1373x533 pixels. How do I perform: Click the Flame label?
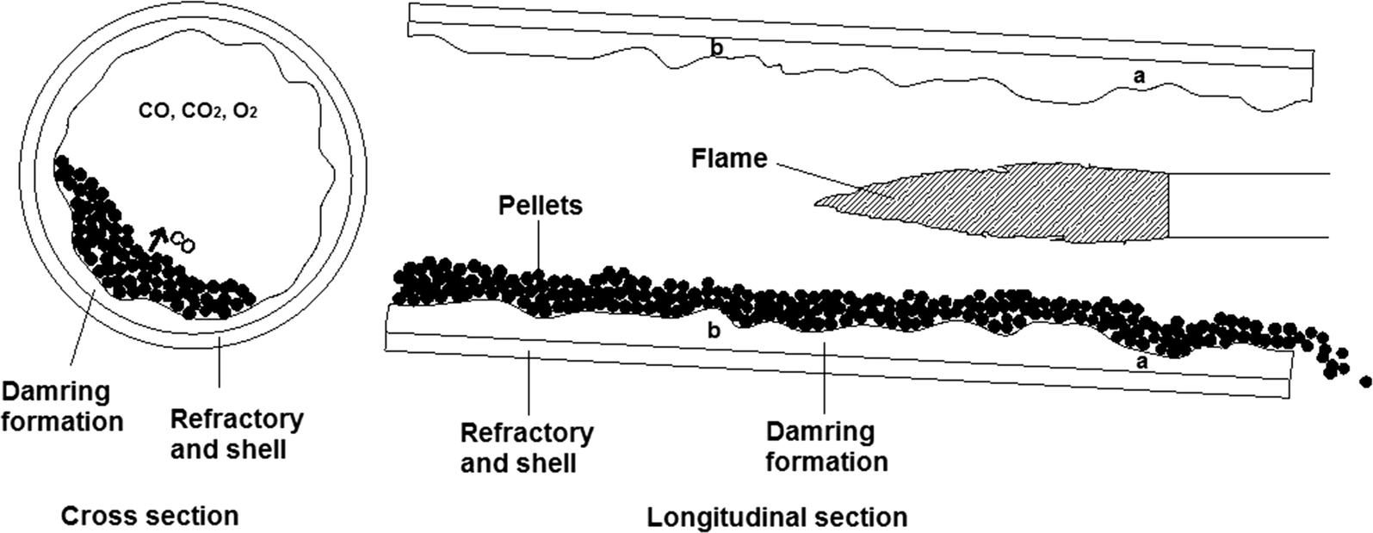[x=728, y=158]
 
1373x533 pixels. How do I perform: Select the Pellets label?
[x=540, y=206]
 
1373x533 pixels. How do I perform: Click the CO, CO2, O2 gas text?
[x=197, y=111]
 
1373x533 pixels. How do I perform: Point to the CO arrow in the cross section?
[x=156, y=239]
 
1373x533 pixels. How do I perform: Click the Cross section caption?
[x=149, y=516]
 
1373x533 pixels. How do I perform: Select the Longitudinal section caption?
[x=776, y=518]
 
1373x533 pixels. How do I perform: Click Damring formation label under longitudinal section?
[x=826, y=446]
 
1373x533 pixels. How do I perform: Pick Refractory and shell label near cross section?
[x=236, y=434]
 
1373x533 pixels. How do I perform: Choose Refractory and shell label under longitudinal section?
[x=526, y=448]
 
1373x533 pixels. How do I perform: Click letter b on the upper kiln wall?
[x=715, y=48]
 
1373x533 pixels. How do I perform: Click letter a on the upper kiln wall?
[x=1139, y=77]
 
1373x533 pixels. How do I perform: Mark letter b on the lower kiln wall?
[x=713, y=330]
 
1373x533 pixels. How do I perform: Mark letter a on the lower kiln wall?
[x=1142, y=363]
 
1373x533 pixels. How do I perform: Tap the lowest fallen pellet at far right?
[x=1364, y=381]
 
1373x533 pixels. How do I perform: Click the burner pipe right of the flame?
[x=1248, y=205]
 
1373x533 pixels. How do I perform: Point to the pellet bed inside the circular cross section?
[x=129, y=250]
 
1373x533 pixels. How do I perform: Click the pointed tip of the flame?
[x=818, y=203]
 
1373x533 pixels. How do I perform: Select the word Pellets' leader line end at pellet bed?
[x=538, y=274]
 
